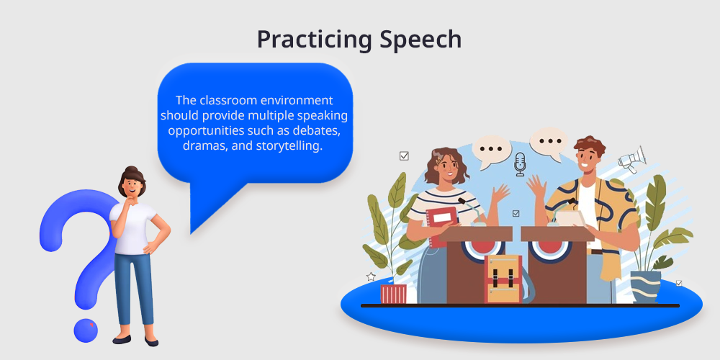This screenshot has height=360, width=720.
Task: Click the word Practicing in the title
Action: tap(315, 40)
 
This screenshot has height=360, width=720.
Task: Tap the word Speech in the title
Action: tap(420, 40)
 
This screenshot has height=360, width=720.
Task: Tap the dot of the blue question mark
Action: tap(86, 330)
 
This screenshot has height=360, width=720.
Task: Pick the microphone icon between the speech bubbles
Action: tap(519, 164)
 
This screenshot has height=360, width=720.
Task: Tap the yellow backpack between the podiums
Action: tap(503, 279)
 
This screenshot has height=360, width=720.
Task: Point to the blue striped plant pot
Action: tap(645, 287)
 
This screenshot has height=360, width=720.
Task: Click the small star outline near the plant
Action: tap(371, 277)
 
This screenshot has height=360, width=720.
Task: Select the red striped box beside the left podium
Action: tap(394, 294)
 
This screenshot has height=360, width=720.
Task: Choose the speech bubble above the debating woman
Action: tap(492, 150)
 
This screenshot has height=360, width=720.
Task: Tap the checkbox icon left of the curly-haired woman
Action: tap(404, 156)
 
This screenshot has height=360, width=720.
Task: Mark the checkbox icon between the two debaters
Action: tap(516, 213)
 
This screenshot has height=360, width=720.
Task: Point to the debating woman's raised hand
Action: tap(500, 193)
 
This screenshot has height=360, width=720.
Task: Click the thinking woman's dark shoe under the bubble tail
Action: tap(151, 341)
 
